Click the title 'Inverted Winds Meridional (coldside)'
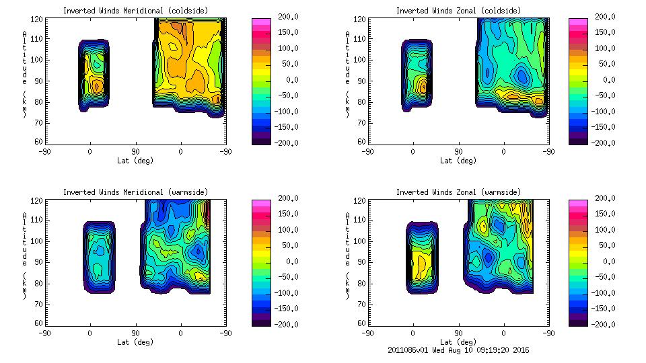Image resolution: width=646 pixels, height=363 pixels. pyautogui.click(x=135, y=11)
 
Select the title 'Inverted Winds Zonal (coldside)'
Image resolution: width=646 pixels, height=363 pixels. pyautogui.click(x=458, y=11)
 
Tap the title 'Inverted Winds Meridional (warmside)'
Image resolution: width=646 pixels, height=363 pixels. pyautogui.click(x=135, y=192)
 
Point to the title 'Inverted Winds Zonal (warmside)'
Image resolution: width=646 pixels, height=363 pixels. pyautogui.click(x=458, y=192)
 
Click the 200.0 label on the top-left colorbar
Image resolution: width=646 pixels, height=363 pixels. pyautogui.click(x=284, y=17)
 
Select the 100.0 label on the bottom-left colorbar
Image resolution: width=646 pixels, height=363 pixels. pyautogui.click(x=284, y=230)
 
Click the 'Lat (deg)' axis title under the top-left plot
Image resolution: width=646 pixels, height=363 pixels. pyautogui.click(x=135, y=161)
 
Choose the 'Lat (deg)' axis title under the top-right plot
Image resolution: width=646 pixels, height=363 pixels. pyautogui.click(x=458, y=161)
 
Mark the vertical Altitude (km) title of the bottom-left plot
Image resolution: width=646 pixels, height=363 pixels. pyautogui.click(x=25, y=255)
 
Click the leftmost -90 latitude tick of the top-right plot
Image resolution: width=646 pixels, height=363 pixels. pyautogui.click(x=367, y=152)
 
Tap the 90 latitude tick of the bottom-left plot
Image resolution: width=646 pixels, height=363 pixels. pyautogui.click(x=135, y=333)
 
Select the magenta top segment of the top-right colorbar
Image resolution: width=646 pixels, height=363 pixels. pyautogui.click(x=578, y=23)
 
